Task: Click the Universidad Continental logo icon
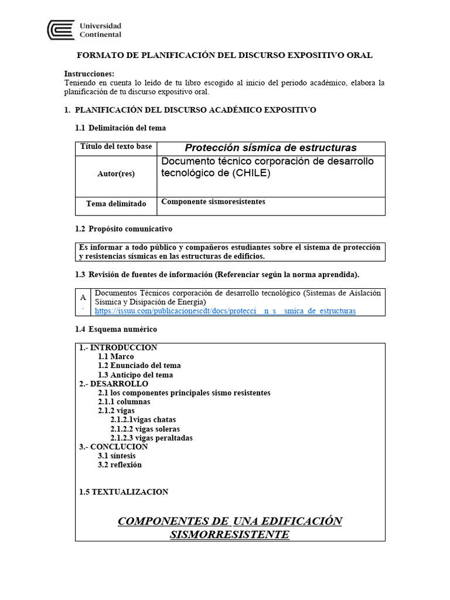[x=61, y=30]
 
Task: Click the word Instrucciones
[x=89, y=74]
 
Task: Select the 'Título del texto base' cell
[x=116, y=146]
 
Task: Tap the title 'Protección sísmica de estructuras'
[x=271, y=148]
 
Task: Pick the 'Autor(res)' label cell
[x=116, y=174]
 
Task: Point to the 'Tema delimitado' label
[x=116, y=204]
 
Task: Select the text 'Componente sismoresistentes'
[x=213, y=202]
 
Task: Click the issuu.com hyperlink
[x=225, y=311]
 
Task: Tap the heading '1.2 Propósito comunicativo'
[x=124, y=229]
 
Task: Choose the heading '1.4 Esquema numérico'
[x=115, y=329]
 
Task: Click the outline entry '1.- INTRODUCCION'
[x=118, y=347]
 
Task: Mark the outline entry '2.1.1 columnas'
[x=124, y=402]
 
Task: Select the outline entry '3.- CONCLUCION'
[x=114, y=447]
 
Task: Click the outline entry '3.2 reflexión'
[x=120, y=465]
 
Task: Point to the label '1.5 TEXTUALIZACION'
[x=124, y=492]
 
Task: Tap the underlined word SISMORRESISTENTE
[x=229, y=534]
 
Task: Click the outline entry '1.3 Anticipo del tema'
[x=135, y=375]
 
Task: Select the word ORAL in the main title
[x=361, y=55]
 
